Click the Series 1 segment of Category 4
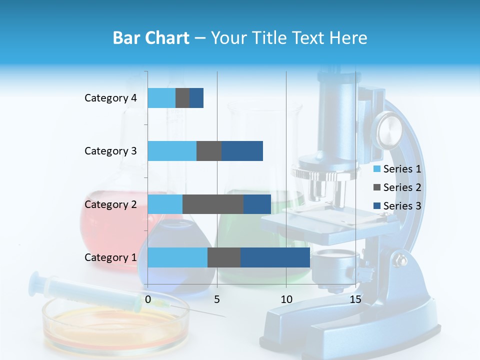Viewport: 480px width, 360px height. pos(161,98)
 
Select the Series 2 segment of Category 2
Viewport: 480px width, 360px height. pos(213,204)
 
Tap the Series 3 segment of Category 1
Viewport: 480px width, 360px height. pos(275,257)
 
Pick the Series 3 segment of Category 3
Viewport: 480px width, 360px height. pos(242,151)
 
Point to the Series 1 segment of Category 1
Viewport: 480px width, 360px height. pos(177,257)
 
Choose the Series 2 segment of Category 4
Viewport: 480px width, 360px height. pos(182,98)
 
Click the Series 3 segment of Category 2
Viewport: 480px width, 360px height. pos(257,204)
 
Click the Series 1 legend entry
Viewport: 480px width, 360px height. pos(397,169)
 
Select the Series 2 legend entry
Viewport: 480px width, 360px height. pos(397,187)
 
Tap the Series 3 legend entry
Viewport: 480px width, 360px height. pos(397,206)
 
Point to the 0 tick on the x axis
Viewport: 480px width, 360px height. pos(148,299)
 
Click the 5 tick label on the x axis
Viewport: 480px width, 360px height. pos(217,299)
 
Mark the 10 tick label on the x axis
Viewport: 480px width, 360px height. pos(286,299)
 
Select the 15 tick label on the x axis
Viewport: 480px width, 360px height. pos(355,299)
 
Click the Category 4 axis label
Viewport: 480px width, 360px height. pos(110,98)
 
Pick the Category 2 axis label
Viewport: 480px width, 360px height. pos(110,204)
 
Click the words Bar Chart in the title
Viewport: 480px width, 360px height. pos(150,38)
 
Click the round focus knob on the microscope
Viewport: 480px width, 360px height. pos(389,129)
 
